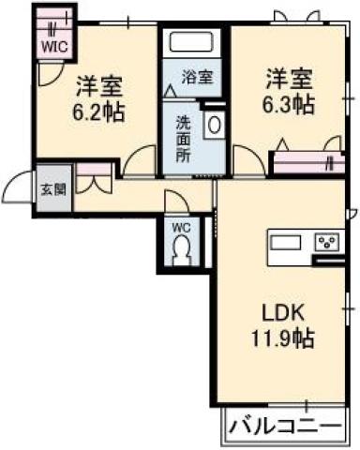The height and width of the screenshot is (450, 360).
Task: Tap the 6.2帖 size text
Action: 101,110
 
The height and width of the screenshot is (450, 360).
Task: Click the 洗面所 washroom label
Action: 184,138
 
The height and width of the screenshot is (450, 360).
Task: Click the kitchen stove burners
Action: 326,243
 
